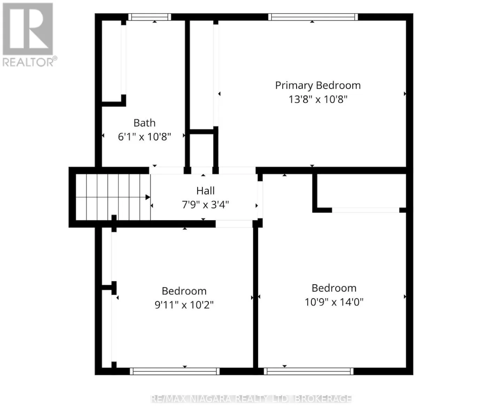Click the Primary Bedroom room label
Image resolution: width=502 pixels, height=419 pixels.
pos(318,86)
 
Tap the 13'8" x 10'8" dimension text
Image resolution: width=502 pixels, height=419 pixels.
pos(318,99)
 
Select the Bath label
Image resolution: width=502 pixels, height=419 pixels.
pos(144,123)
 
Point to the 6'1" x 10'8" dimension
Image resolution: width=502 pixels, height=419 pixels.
pos(144,137)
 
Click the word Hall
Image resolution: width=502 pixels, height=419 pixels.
pos(205,191)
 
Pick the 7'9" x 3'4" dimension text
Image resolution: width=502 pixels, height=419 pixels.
pos(205,205)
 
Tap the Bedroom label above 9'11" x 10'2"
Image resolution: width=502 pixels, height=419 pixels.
pos(184,291)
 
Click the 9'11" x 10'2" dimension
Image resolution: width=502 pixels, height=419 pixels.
pos(184,305)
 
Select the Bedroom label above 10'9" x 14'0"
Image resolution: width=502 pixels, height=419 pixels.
pos(334,288)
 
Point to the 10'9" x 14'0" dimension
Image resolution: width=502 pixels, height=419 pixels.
pos(334,302)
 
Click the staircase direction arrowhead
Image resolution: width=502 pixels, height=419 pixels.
pos(148,197)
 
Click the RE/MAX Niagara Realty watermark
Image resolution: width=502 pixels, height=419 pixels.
pos(251,399)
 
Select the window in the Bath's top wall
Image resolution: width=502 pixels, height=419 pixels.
pos(150,17)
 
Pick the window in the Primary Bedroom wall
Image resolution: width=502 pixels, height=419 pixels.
pos(313,17)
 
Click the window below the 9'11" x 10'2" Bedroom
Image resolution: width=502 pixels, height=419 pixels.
pos(175,371)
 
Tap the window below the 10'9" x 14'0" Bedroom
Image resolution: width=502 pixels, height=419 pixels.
pos(309,371)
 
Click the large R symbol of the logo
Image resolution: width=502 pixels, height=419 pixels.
pos(28,29)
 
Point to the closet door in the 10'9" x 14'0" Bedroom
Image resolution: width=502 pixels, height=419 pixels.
pos(366,210)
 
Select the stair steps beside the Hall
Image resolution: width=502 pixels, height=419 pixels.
pos(113,197)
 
